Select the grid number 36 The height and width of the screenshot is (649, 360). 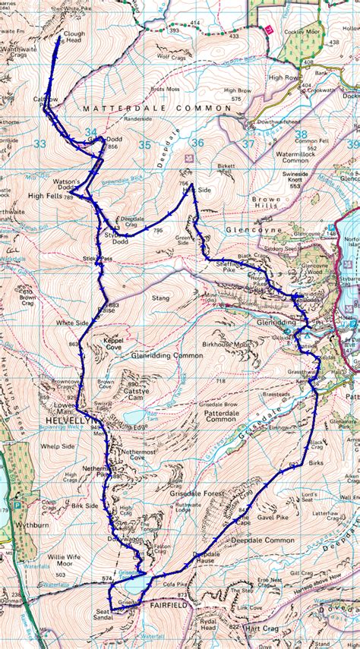pyautogui.click(x=198, y=143)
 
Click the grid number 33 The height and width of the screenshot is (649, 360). pyautogui.click(x=40, y=143)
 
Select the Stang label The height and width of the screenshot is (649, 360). pyautogui.click(x=160, y=299)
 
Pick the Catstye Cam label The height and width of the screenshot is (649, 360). pyautogui.click(x=136, y=393)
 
